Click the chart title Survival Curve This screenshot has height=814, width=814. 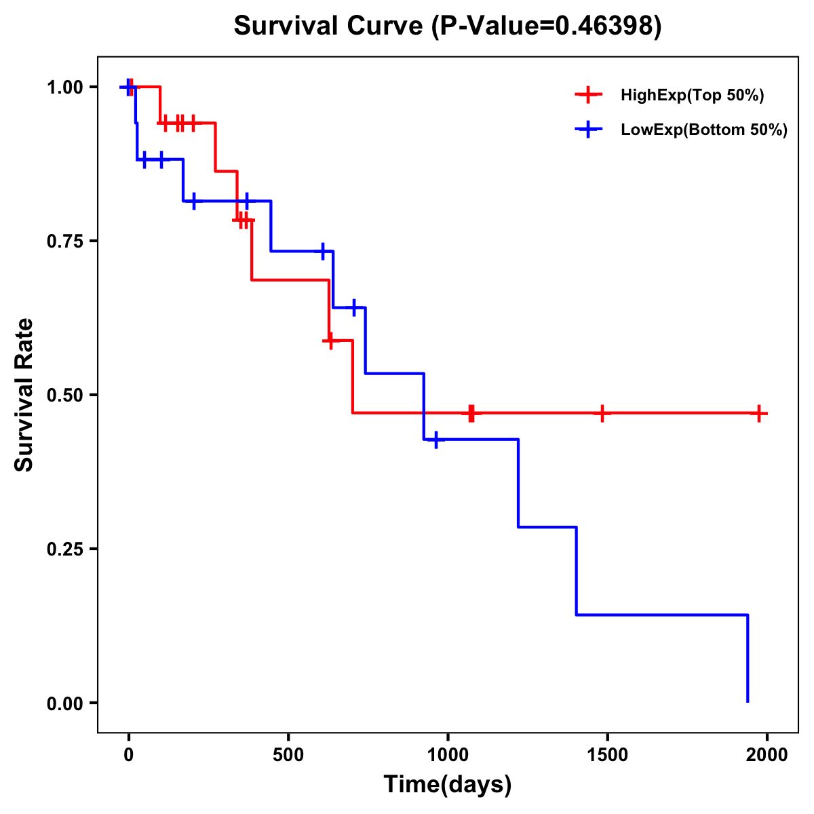(447, 26)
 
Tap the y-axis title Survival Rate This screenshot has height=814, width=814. (24, 394)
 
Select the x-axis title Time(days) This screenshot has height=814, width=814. (447, 784)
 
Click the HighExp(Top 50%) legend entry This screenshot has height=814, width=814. (692, 96)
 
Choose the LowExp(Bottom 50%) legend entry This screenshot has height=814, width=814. (703, 130)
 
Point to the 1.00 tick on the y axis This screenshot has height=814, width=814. (64, 88)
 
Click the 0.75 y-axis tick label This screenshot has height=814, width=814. (64, 241)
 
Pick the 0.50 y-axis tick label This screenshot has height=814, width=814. (64, 395)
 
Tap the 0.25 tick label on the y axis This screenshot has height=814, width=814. (64, 549)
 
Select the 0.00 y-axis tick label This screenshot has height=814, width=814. (64, 703)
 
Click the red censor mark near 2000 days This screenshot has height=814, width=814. (759, 413)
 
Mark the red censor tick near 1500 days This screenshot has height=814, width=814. (602, 413)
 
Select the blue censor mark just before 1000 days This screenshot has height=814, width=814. (435, 440)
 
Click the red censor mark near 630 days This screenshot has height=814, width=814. (330, 341)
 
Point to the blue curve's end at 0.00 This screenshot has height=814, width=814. (748, 701)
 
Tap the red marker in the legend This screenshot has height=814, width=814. (588, 96)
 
